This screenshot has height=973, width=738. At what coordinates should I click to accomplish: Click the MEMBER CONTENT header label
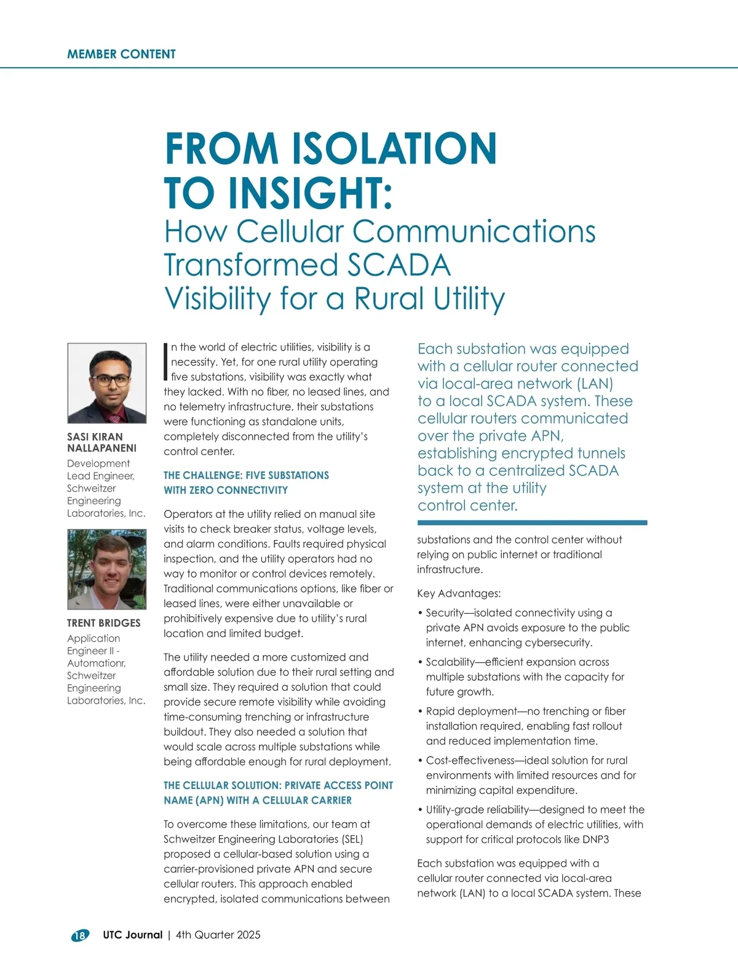tap(121, 54)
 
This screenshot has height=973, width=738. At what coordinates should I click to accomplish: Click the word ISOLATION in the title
tap(393, 149)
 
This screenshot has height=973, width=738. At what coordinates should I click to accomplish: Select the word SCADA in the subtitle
tap(399, 265)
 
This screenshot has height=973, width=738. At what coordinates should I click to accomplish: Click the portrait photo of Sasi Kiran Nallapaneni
tap(107, 383)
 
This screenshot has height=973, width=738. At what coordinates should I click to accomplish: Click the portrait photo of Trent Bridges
tap(107, 570)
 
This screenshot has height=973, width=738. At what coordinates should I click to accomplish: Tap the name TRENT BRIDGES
tap(104, 623)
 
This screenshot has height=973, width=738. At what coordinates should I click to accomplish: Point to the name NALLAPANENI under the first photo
tap(102, 448)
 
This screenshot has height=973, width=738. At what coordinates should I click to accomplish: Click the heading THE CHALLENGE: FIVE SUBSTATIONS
tap(246, 475)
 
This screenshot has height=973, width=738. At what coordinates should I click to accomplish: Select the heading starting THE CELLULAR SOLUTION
tap(278, 785)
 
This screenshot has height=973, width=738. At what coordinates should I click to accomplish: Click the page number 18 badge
tap(80, 935)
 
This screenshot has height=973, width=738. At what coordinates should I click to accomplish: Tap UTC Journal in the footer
tap(133, 935)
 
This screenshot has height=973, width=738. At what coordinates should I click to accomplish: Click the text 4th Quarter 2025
tap(218, 935)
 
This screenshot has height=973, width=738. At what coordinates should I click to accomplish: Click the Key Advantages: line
tap(459, 594)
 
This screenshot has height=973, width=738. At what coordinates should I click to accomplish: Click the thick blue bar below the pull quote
tap(532, 523)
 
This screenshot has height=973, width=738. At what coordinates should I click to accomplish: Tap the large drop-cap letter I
tap(166, 362)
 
